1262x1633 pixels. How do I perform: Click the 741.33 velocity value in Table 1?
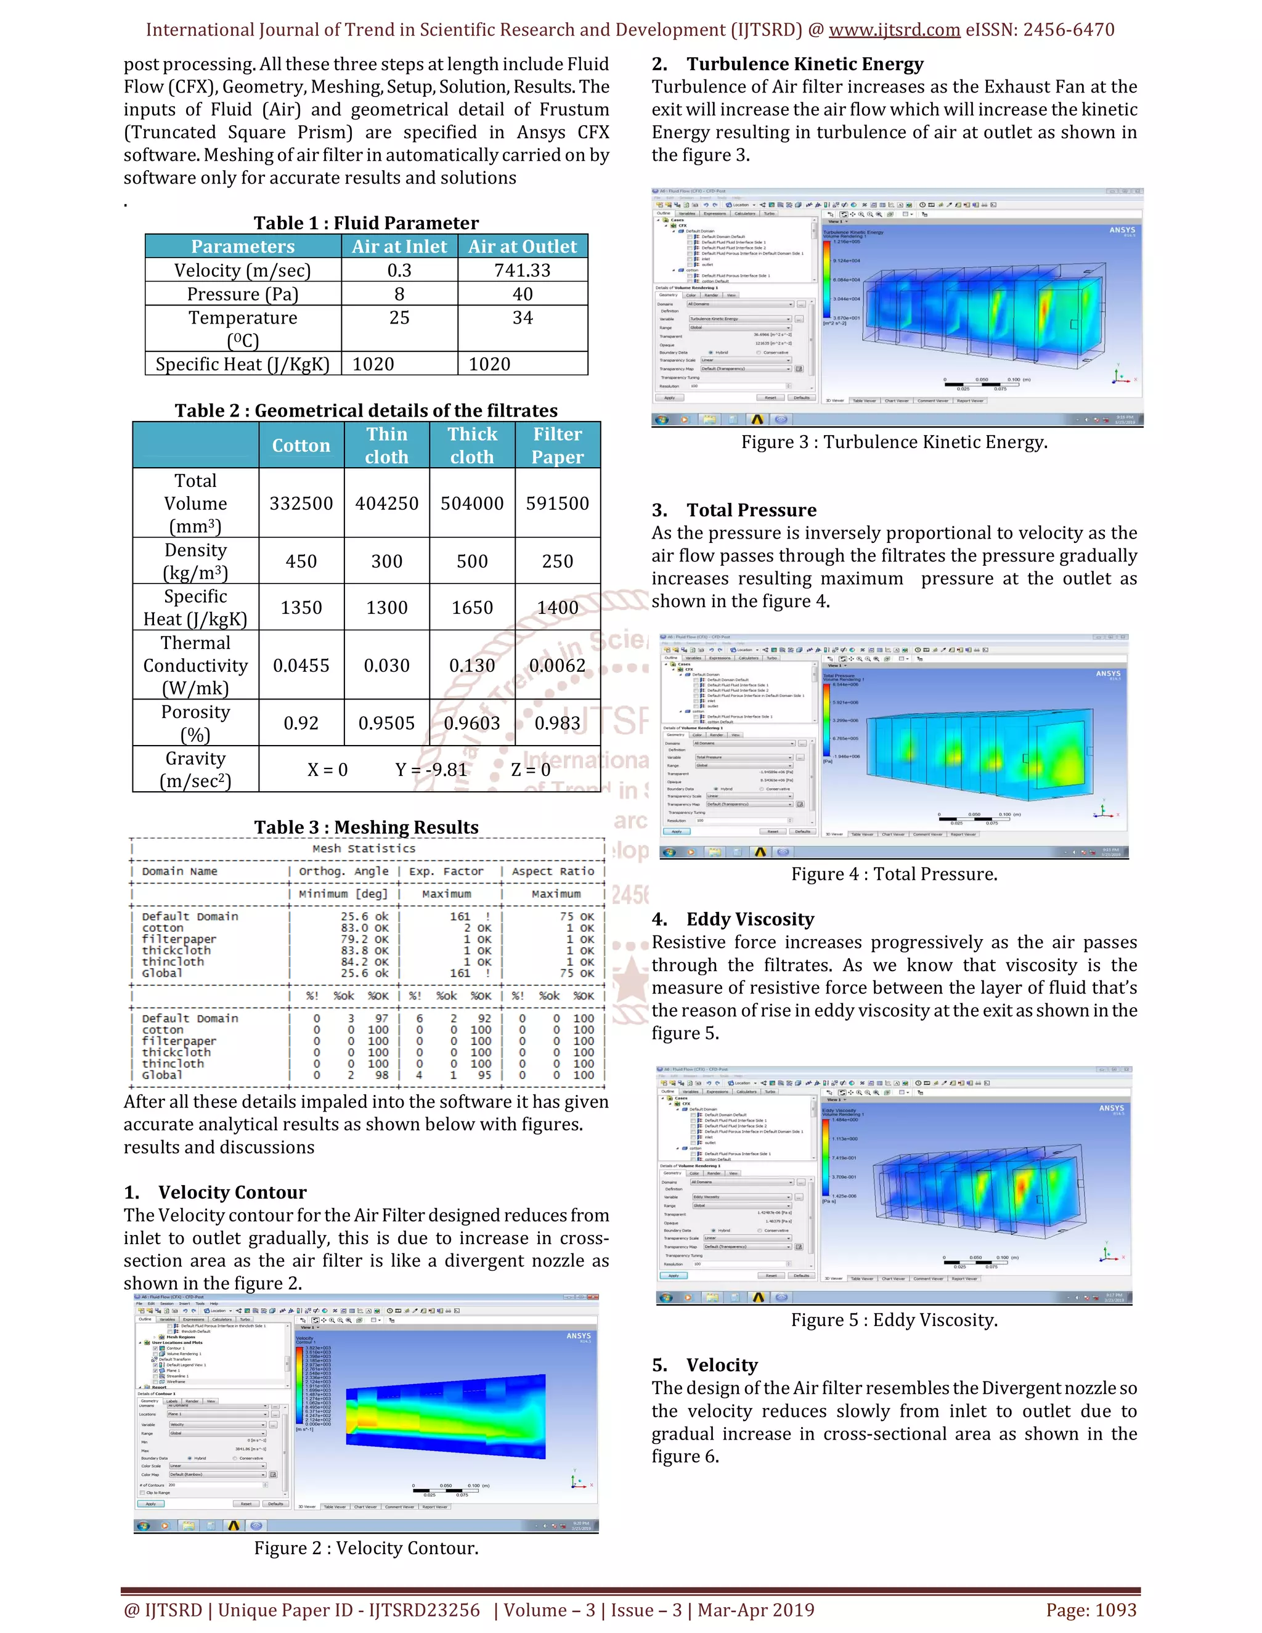point(522,270)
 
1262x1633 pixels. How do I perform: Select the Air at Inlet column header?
point(399,246)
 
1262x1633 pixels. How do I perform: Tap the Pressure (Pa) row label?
point(243,294)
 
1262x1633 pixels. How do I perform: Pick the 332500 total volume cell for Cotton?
point(301,503)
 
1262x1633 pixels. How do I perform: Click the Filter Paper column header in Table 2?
point(558,445)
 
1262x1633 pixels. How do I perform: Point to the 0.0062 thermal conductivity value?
point(557,665)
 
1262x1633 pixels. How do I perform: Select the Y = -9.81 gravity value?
point(431,770)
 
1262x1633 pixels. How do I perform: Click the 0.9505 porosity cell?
point(386,723)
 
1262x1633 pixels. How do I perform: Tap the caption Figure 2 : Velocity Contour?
point(367,1548)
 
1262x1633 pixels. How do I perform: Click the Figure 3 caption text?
point(894,442)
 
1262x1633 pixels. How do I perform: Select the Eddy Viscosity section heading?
point(750,919)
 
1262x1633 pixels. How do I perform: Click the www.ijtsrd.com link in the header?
point(894,30)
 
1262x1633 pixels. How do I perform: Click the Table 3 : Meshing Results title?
point(367,827)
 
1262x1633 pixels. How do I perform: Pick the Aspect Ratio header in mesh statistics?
point(553,871)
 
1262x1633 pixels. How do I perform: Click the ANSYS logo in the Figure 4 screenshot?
point(1108,674)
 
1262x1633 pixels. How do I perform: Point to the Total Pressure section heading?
point(751,510)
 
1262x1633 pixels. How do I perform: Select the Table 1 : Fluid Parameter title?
point(367,223)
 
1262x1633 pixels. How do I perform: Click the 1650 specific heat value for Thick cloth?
point(472,607)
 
